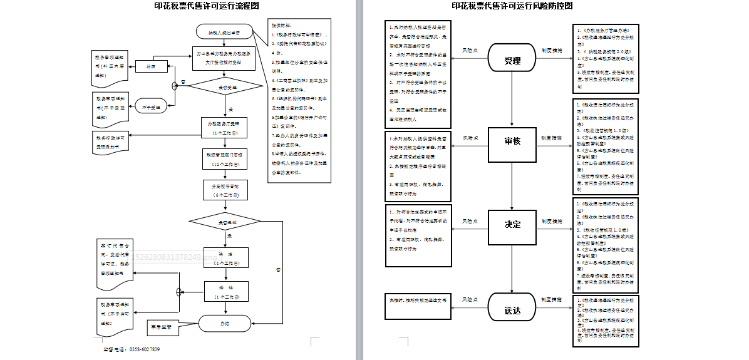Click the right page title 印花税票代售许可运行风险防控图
[512, 6]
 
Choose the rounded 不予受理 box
[150, 106]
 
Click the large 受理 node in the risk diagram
[512, 61]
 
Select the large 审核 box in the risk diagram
[512, 141]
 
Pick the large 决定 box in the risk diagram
[512, 224]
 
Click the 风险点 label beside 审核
[470, 137]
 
